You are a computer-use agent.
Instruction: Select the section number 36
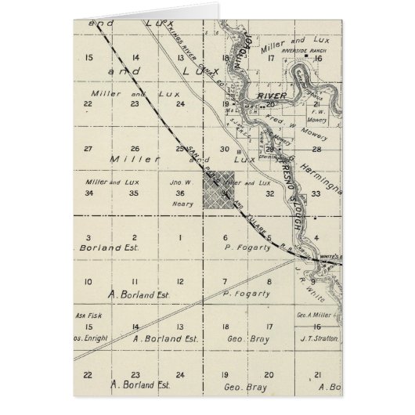click(x=181, y=193)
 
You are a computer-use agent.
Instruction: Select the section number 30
click(x=224, y=149)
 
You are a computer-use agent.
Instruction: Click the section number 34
click(x=90, y=193)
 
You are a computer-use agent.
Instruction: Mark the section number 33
click(x=315, y=193)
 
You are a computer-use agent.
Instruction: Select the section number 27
click(x=90, y=149)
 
